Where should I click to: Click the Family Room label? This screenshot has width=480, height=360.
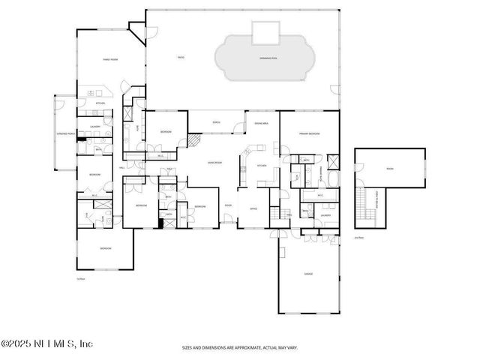click(110, 59)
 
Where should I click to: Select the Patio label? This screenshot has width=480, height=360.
click(181, 57)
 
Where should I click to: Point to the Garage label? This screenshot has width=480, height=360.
click(307, 274)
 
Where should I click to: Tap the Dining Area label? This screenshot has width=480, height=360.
click(262, 123)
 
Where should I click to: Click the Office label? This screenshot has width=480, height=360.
click(253, 209)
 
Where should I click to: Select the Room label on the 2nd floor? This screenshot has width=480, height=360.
click(389, 169)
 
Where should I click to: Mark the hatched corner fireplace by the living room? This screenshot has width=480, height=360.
click(193, 140)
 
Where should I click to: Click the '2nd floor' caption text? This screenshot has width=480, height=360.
click(358, 238)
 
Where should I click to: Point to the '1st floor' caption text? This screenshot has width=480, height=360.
click(81, 278)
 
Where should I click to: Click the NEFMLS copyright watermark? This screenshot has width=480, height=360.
click(46, 344)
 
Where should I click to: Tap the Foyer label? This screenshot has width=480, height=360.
click(228, 205)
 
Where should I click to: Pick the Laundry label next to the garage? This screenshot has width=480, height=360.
click(325, 215)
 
